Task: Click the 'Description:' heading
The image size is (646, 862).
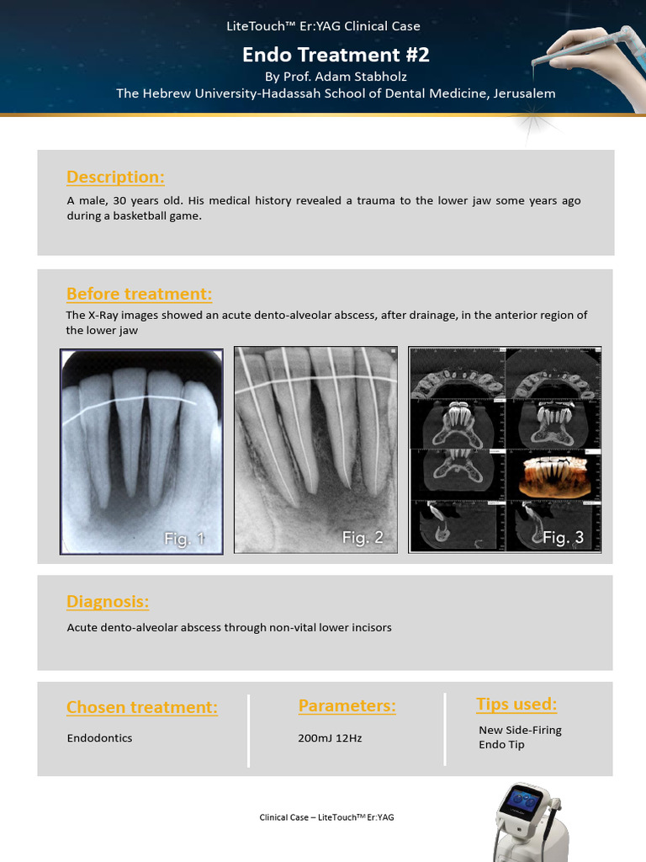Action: pos(115,177)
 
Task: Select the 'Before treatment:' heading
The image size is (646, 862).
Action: pos(139,294)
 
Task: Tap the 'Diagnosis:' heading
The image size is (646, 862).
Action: pos(108,601)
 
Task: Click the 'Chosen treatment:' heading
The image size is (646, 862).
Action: pos(142,707)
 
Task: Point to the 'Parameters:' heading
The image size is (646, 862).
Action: pos(347,705)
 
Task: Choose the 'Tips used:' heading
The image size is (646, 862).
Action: pos(516,704)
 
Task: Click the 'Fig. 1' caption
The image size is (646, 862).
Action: pos(184,539)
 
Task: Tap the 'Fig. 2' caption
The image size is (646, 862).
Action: pos(363,537)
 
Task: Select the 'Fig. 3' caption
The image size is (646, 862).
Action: pos(563,537)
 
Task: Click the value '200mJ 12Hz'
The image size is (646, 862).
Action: pos(330,738)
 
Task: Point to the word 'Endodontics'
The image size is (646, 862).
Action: pos(99,738)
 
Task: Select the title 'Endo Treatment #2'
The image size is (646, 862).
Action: pos(336,55)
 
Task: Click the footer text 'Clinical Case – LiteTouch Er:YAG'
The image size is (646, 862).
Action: pos(326,817)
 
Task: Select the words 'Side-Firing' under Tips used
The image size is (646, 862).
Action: pos(533,730)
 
